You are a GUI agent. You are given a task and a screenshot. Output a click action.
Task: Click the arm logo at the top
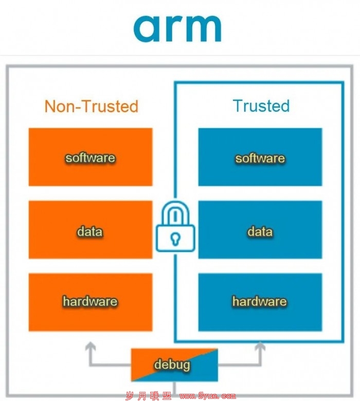pyautogui.click(x=177, y=28)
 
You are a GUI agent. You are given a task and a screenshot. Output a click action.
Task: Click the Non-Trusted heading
pyautogui.click(x=92, y=106)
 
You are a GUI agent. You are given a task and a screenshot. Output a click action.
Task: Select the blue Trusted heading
pyautogui.click(x=261, y=105)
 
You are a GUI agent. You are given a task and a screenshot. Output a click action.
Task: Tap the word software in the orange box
pyautogui.click(x=91, y=157)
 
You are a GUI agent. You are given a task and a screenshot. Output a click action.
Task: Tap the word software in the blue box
pyautogui.click(x=260, y=158)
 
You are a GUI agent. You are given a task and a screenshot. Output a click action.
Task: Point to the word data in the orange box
pyautogui.click(x=90, y=231)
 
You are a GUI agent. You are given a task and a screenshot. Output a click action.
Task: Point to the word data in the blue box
pyautogui.click(x=260, y=231)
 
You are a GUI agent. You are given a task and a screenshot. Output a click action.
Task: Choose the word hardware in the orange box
pyautogui.click(x=90, y=301)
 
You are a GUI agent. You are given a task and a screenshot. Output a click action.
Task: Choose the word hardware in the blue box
pyautogui.click(x=259, y=301)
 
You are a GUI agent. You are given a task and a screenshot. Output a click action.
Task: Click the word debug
pyautogui.click(x=172, y=364)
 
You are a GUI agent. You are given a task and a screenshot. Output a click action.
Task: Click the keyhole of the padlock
pyautogui.click(x=175, y=239)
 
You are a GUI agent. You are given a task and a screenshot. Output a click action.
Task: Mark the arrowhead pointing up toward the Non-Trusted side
pyautogui.click(x=91, y=347)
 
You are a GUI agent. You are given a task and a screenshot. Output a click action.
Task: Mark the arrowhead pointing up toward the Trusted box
pyautogui.click(x=260, y=347)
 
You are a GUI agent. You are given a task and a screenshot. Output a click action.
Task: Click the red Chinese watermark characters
pyautogui.click(x=149, y=396)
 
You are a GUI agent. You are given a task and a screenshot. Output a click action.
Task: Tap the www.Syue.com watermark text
pyautogui.click(x=207, y=396)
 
